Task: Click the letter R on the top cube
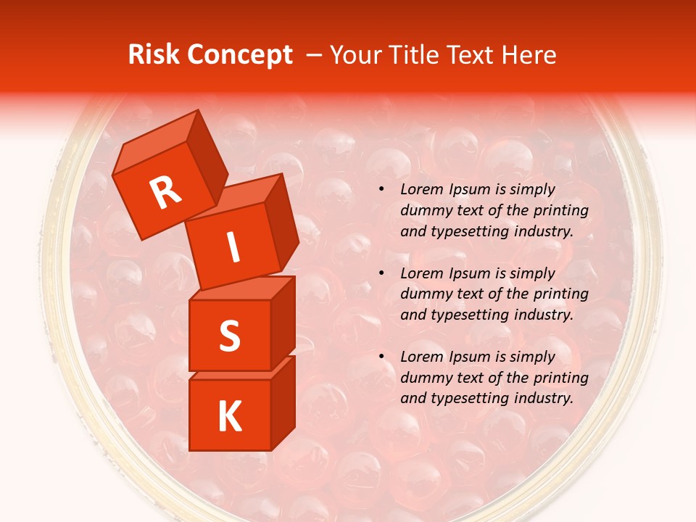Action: click(x=166, y=193)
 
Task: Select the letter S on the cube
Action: click(x=229, y=336)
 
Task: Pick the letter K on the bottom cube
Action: click(x=229, y=417)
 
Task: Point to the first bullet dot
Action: click(x=381, y=190)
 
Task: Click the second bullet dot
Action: click(x=381, y=273)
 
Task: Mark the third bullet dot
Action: click(x=381, y=357)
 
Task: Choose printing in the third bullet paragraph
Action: click(x=560, y=378)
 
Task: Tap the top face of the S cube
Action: click(x=241, y=289)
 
